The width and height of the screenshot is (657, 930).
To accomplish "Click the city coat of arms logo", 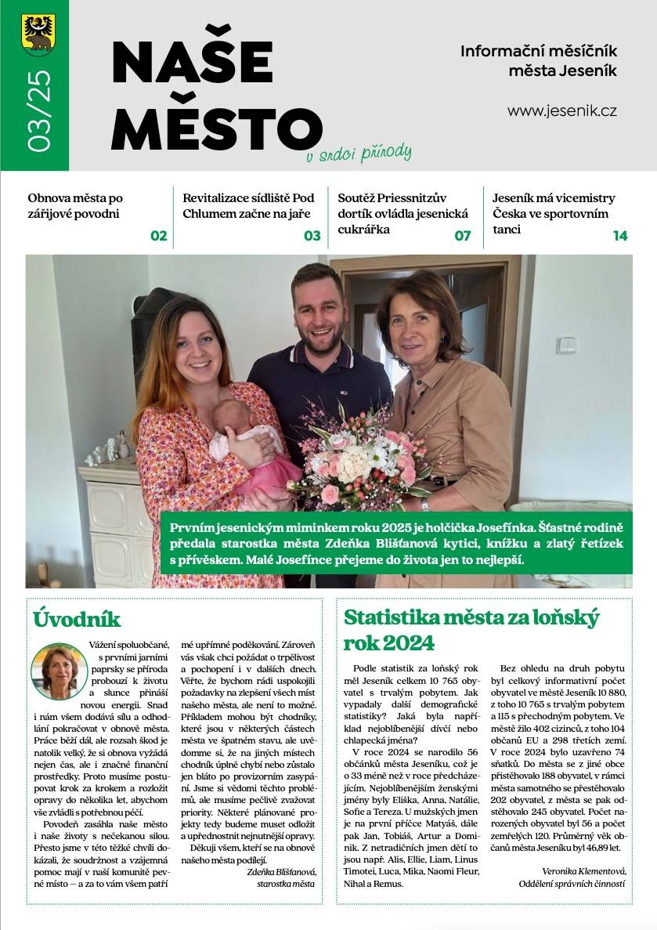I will [x=38, y=34].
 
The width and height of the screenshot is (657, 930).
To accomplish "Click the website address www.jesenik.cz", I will [x=561, y=110].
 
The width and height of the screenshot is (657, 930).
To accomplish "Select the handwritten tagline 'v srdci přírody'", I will [x=359, y=153].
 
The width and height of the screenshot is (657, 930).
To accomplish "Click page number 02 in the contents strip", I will [x=159, y=235].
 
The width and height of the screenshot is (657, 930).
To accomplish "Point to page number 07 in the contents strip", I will [x=462, y=235].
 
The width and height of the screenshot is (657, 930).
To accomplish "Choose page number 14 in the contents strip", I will [x=620, y=235].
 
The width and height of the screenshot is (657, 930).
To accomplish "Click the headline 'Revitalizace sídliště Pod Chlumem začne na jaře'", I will [x=247, y=206].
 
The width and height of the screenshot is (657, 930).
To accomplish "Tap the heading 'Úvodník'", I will [x=77, y=619].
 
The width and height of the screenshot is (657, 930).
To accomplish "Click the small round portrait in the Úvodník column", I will [x=59, y=671].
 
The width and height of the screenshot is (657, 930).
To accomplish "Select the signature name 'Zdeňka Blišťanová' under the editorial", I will [x=280, y=871].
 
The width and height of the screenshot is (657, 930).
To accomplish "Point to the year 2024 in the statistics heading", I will [x=408, y=643].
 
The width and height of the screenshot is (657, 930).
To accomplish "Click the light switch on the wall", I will [x=565, y=344].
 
